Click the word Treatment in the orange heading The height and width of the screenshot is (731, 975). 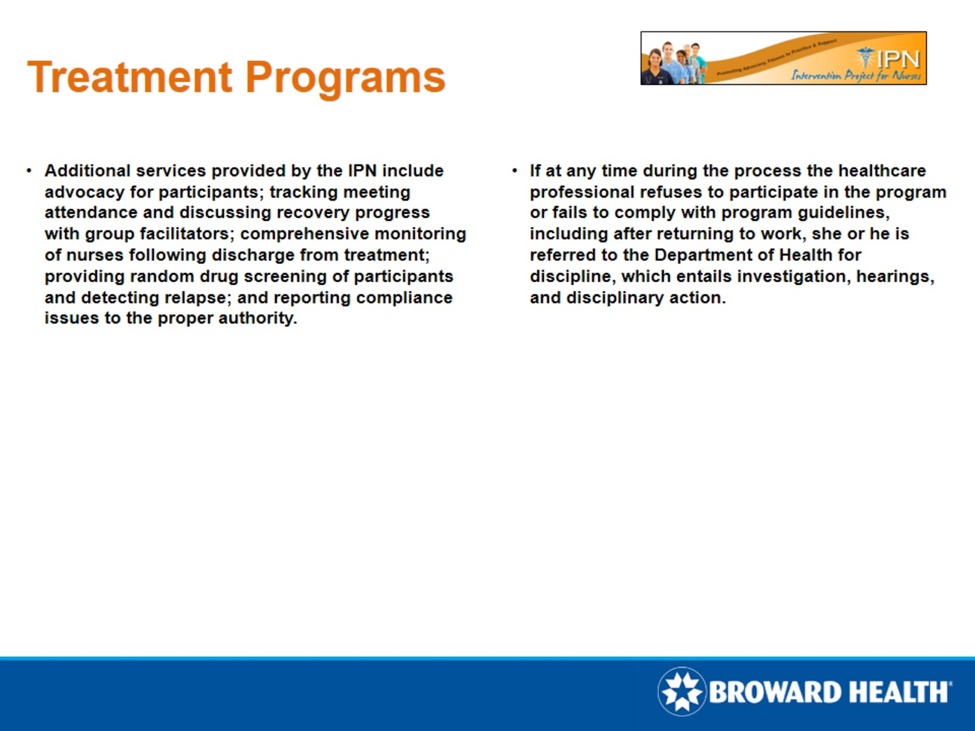(129, 77)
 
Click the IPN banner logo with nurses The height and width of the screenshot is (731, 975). (783, 58)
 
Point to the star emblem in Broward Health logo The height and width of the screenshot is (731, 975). (681, 691)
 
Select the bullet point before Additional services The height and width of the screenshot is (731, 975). (29, 171)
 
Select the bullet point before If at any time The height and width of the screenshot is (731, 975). (514, 171)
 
